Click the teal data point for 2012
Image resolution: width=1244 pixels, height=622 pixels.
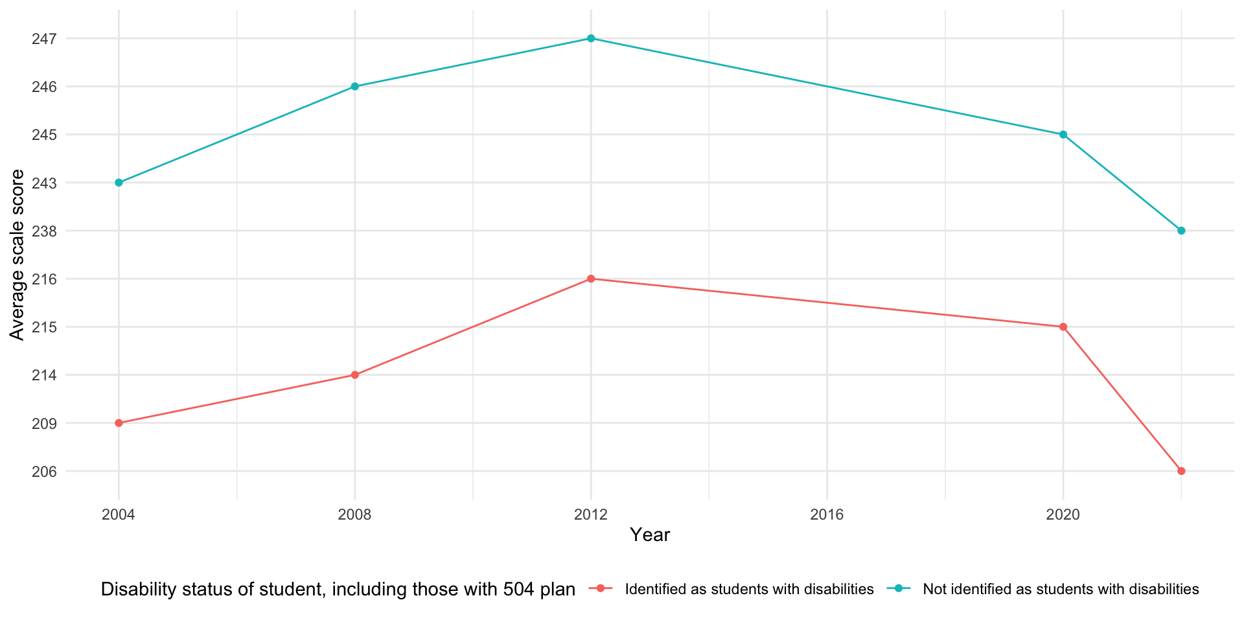coord(591,38)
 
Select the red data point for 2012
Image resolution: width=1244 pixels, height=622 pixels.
coord(591,279)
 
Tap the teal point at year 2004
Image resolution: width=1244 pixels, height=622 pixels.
coord(119,183)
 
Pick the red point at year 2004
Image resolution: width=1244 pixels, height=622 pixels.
coord(119,423)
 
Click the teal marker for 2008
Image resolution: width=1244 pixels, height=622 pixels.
coord(355,86)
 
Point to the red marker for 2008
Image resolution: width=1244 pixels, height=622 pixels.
coord(355,375)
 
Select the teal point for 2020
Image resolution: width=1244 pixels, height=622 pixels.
coord(1063,135)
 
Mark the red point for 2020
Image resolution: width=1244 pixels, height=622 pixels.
coord(1063,327)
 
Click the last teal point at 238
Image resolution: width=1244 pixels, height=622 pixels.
coord(1181,231)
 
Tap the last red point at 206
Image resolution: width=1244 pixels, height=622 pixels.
coord(1181,471)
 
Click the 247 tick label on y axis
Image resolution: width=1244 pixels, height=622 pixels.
coord(44,39)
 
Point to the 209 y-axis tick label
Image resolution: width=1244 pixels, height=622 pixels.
coord(44,424)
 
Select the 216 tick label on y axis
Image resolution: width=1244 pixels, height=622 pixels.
coord(44,279)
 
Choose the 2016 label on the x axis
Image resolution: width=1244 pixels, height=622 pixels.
coord(827,515)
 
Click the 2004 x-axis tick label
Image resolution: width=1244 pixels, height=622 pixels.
coord(119,515)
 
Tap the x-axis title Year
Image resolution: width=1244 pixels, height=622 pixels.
coord(650,535)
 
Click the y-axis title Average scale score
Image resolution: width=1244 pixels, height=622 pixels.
coord(17,255)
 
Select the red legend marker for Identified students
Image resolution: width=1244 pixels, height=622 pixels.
coord(601,589)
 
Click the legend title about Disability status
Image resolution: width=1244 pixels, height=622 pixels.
coord(338,590)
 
